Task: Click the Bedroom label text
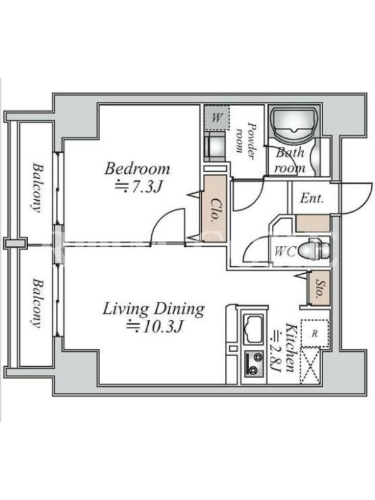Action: (137, 169)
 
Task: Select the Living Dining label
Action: (153, 309)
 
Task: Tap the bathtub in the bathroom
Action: (294, 123)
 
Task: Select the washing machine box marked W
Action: (216, 117)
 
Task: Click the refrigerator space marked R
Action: (315, 334)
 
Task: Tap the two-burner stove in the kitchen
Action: (254, 364)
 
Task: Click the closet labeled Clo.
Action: (215, 209)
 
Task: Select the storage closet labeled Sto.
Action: (319, 288)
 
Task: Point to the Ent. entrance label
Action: (311, 199)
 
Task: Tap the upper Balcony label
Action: (38, 188)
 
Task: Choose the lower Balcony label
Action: (38, 303)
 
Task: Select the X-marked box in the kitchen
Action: (310, 366)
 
